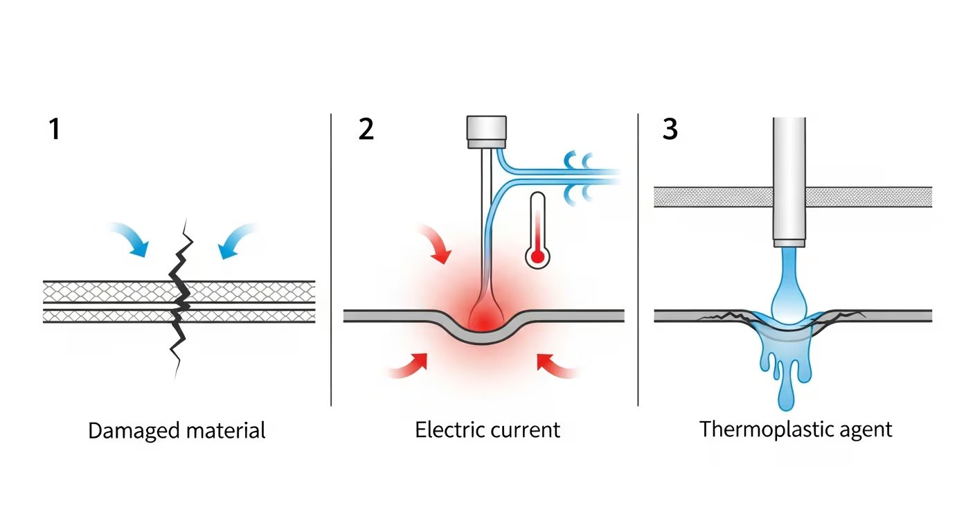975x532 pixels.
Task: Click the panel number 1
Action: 54,130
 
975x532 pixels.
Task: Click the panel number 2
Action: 366,130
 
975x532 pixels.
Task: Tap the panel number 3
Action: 670,130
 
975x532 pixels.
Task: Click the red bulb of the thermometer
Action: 537,257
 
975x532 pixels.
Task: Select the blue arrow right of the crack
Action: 235,240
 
